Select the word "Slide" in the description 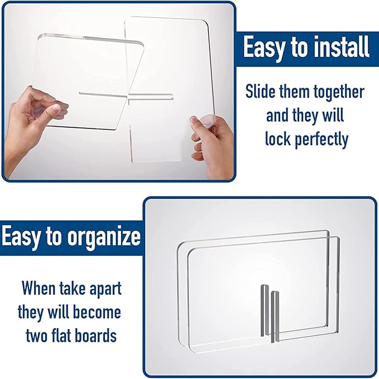(260, 92)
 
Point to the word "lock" (278, 138)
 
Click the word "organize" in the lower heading (104, 237)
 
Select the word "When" (39, 288)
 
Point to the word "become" (97, 312)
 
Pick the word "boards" (95, 335)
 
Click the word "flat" (61, 335)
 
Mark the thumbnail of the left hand (56, 108)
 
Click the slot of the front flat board (275, 317)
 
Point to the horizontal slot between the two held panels (126, 95)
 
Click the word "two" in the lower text (36, 335)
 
